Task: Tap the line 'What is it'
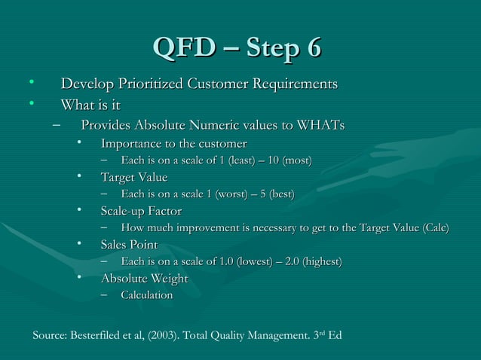pyautogui.click(x=90, y=105)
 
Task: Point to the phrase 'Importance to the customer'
pyautogui.click(x=173, y=143)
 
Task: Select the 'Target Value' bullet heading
pyautogui.click(x=133, y=177)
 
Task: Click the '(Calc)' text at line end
pyautogui.click(x=435, y=228)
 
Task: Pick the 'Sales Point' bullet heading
pyautogui.click(x=129, y=245)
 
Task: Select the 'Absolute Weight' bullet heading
pyautogui.click(x=144, y=279)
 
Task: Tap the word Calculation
pyautogui.click(x=146, y=295)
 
